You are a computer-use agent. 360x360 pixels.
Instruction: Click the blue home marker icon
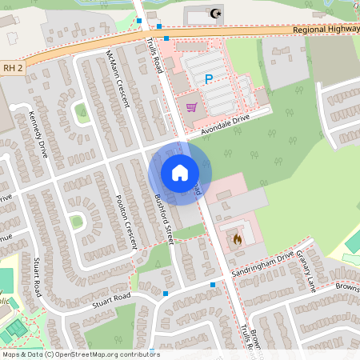point(180,173)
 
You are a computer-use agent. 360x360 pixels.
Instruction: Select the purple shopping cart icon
point(190,106)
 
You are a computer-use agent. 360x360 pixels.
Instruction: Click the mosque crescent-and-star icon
point(214,13)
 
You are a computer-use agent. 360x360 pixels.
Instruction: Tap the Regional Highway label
point(326,30)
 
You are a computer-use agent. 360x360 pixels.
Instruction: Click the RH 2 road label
point(12,70)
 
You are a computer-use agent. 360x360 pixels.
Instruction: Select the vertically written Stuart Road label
point(38,276)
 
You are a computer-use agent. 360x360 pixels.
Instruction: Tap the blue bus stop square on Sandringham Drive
point(213,285)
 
